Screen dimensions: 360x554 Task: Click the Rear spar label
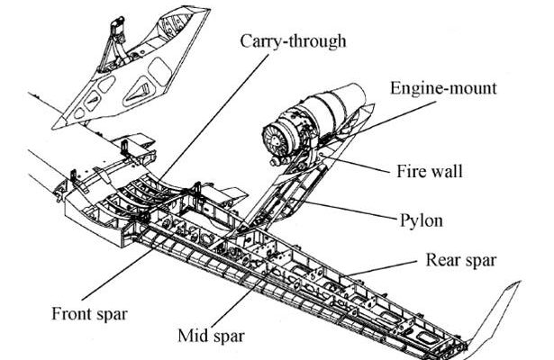(459, 262)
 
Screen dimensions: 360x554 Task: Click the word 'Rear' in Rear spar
(442, 262)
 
